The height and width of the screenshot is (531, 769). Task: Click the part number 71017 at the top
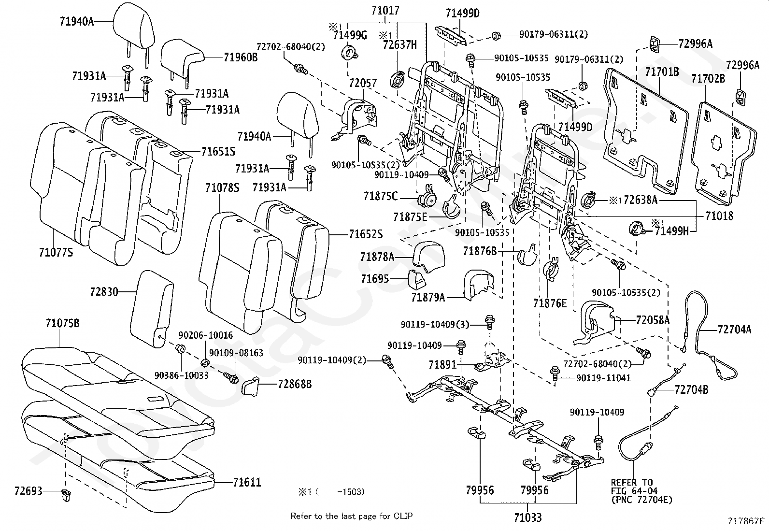pos(385,11)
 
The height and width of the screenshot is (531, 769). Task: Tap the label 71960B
pos(241,57)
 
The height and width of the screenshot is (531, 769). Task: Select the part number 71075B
pos(62,323)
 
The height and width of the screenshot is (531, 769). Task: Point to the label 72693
pos(28,491)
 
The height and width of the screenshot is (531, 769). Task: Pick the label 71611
pos(247,482)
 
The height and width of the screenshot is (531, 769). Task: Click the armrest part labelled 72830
pos(152,309)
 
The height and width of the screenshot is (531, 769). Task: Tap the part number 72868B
pos(295,384)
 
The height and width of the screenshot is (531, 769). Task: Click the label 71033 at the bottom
pos(527,517)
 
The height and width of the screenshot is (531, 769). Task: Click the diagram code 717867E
pos(746,521)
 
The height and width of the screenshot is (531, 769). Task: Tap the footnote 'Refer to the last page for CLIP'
pos(351,516)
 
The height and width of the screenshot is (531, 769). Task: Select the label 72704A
pos(734,330)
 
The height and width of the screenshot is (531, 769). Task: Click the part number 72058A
pos(653,320)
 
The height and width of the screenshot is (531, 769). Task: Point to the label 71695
pos(374,279)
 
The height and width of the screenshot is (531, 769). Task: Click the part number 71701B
pos(662,72)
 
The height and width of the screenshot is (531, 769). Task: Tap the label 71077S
pos(56,252)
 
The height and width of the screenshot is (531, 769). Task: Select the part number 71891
pos(442,364)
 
